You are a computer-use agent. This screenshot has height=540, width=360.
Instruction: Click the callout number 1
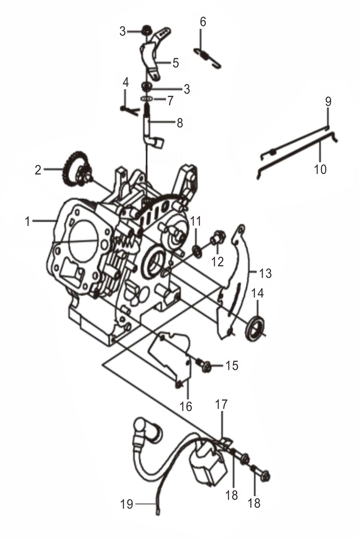(x=28, y=221)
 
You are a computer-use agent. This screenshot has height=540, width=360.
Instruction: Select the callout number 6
(x=203, y=22)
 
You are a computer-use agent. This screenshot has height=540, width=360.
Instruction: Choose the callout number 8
(x=180, y=123)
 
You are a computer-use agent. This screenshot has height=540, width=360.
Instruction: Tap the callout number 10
(x=320, y=169)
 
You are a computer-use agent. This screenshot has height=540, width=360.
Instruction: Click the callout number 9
(x=328, y=101)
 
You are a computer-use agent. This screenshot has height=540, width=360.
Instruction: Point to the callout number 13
(x=265, y=273)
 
